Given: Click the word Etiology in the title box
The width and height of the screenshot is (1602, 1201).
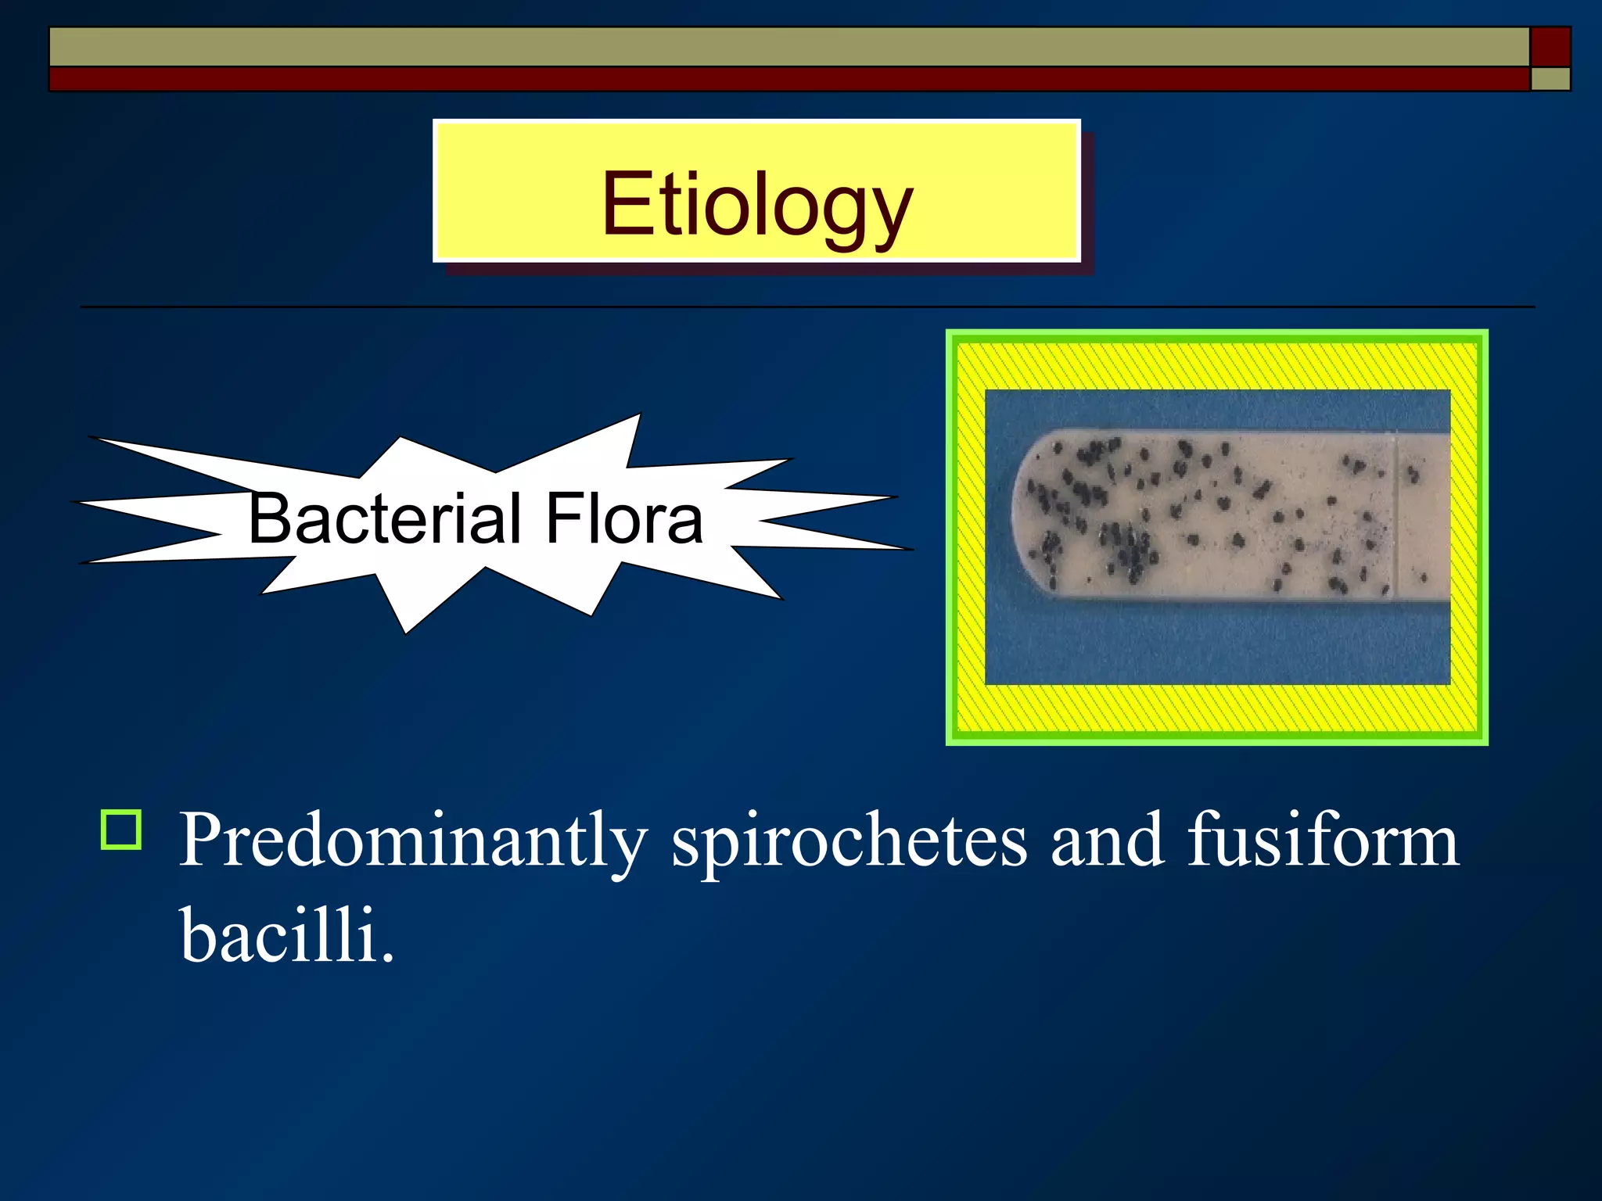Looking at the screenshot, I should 756,205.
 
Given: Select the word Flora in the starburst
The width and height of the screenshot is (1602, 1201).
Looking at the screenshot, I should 624,518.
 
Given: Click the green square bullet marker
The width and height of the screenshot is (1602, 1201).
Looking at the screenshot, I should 121,830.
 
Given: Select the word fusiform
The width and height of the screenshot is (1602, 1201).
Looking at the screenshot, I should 1323,840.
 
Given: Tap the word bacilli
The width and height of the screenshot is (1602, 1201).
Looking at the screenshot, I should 278,934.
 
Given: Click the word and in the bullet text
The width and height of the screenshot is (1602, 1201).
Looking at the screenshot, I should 1107,841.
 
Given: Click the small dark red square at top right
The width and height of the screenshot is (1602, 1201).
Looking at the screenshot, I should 1550,47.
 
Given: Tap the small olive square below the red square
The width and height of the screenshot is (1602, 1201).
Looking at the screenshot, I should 1550,79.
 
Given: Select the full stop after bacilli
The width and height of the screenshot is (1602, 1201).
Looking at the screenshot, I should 387,956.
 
